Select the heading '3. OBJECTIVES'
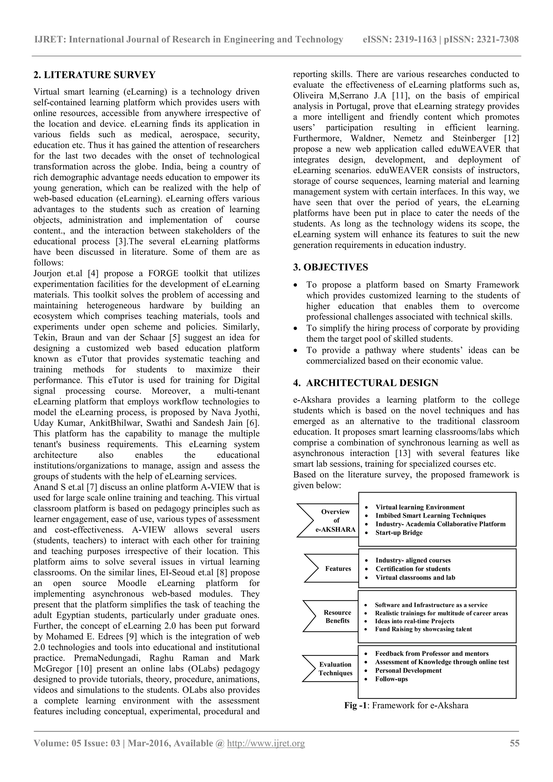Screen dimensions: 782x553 coord(330,267)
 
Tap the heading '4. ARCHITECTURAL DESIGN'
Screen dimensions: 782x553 coord(366,383)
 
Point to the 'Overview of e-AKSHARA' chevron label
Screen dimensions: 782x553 coord(336,520)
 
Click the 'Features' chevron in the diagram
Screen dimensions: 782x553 coord(338,568)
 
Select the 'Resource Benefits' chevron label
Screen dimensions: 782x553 coord(337,616)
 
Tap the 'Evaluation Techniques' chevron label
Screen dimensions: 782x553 coord(335,669)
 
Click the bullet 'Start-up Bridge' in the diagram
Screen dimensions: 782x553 coord(399,533)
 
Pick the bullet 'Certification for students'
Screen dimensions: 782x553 coord(413,569)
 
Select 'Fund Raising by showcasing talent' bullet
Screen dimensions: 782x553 coord(423,629)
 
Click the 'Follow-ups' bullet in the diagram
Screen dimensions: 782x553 coord(391,679)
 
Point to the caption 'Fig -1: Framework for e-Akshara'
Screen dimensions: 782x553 coord(406,705)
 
